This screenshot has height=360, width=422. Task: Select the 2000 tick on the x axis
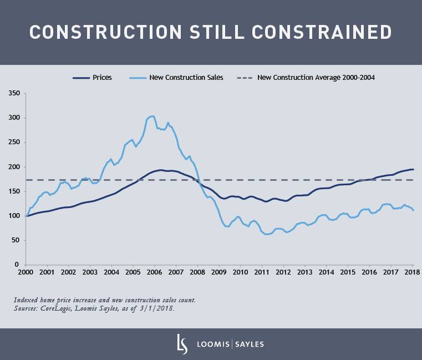tap(26, 273)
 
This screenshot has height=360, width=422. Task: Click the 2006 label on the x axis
tap(154, 273)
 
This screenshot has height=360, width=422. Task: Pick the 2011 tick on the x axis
tap(262, 273)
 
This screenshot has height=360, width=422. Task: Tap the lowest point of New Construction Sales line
tap(267, 234)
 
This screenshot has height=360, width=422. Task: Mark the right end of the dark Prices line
tap(413, 169)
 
